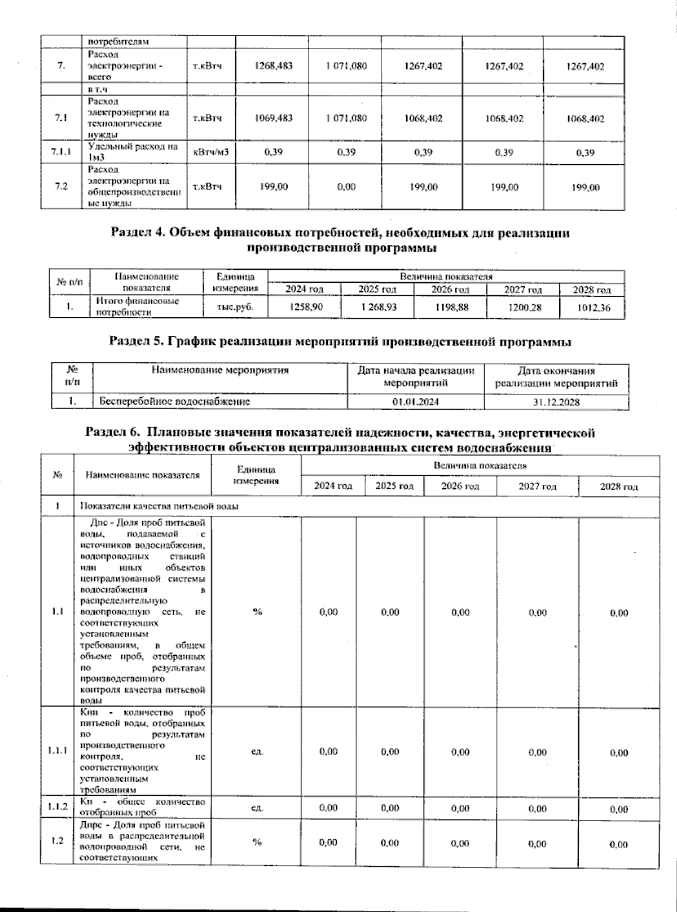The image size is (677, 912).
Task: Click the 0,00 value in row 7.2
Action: pyautogui.click(x=346, y=187)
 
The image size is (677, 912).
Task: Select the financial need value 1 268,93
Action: pyautogui.click(x=377, y=308)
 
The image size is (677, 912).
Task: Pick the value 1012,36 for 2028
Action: pyautogui.click(x=591, y=308)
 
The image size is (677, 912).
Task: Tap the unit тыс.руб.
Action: pyautogui.click(x=236, y=308)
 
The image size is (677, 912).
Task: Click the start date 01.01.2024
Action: pyautogui.click(x=415, y=402)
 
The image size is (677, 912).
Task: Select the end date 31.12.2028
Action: pyautogui.click(x=556, y=402)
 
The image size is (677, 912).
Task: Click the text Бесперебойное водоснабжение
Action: pyautogui.click(x=174, y=402)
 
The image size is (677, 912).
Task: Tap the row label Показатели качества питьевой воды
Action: pyautogui.click(x=160, y=506)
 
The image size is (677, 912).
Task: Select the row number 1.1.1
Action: pyautogui.click(x=58, y=751)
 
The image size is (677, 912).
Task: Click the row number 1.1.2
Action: pyautogui.click(x=58, y=807)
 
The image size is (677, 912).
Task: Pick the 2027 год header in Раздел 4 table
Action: pyautogui.click(x=522, y=290)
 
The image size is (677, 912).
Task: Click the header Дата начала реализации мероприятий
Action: pyautogui.click(x=415, y=377)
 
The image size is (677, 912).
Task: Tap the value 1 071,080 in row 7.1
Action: pyautogui.click(x=346, y=118)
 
